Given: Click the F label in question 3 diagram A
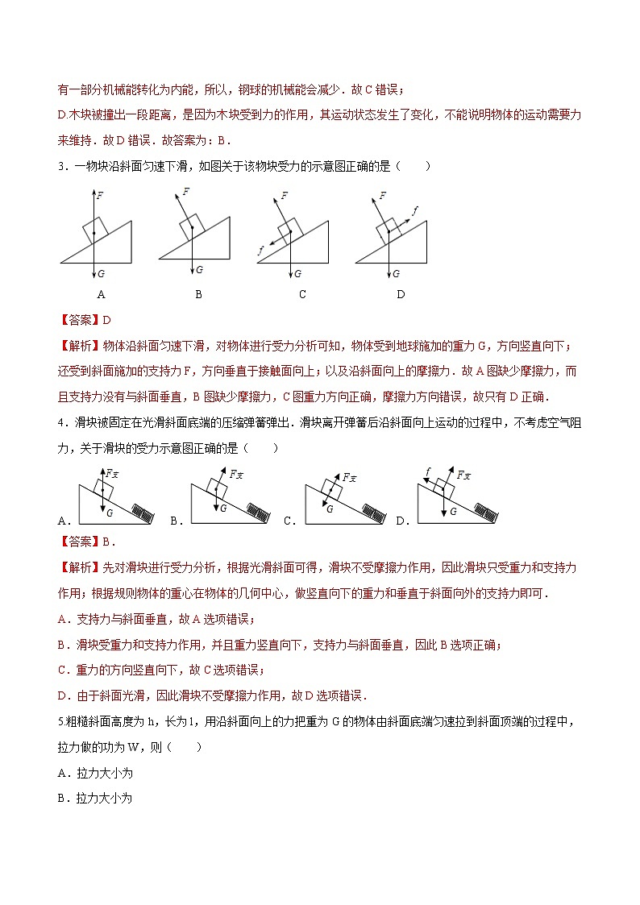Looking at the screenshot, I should [100, 195].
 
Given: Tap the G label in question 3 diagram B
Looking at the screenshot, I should [199, 269].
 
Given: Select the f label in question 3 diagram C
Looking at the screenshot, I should [260, 251].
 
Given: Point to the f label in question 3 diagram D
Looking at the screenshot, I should [415, 210].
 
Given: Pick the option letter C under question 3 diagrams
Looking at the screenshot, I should [302, 294].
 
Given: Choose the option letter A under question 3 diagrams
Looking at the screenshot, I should [101, 294].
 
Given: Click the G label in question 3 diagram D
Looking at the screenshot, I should [396, 273].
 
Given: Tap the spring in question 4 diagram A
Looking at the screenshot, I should [141, 513].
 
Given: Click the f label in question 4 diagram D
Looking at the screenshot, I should [428, 471].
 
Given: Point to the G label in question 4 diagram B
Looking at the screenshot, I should [223, 509].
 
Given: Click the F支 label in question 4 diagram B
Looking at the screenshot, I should [237, 475].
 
